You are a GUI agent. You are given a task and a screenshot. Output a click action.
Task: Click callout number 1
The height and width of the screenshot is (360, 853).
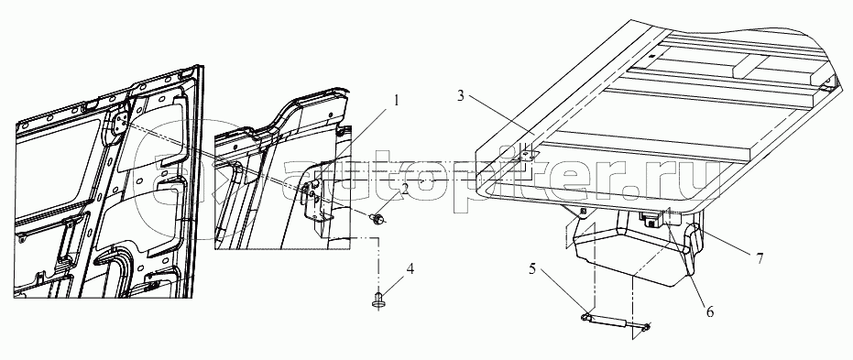[397, 101]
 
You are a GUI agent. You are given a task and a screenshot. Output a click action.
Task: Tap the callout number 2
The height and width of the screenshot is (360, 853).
[405, 190]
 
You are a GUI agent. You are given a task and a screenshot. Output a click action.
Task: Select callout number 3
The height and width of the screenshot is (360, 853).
[460, 97]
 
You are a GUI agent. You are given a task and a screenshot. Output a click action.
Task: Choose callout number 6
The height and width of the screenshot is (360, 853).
[709, 311]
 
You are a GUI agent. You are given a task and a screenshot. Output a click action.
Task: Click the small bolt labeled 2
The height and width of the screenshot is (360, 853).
[377, 219]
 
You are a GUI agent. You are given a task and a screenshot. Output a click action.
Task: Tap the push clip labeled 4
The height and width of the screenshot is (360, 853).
[377, 300]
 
